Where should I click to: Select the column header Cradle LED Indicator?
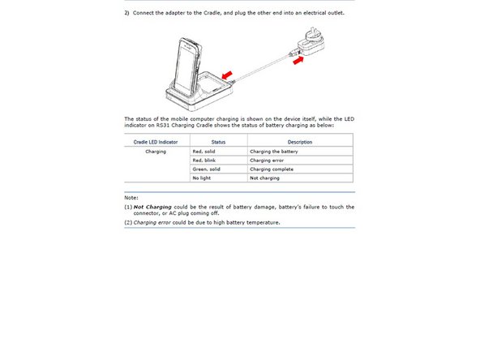pyautogui.click(x=156, y=142)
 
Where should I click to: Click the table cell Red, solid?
pyautogui.click(x=205, y=152)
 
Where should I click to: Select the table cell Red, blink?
pyautogui.click(x=205, y=161)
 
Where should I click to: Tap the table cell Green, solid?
pyautogui.click(x=207, y=169)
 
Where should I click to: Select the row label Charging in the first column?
pyautogui.click(x=156, y=152)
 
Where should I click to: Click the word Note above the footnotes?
pyautogui.click(x=131, y=197)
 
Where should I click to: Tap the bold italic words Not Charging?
pyautogui.click(x=151, y=207)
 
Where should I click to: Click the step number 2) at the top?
pyautogui.click(x=127, y=12)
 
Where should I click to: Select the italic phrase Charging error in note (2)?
pyautogui.click(x=152, y=222)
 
